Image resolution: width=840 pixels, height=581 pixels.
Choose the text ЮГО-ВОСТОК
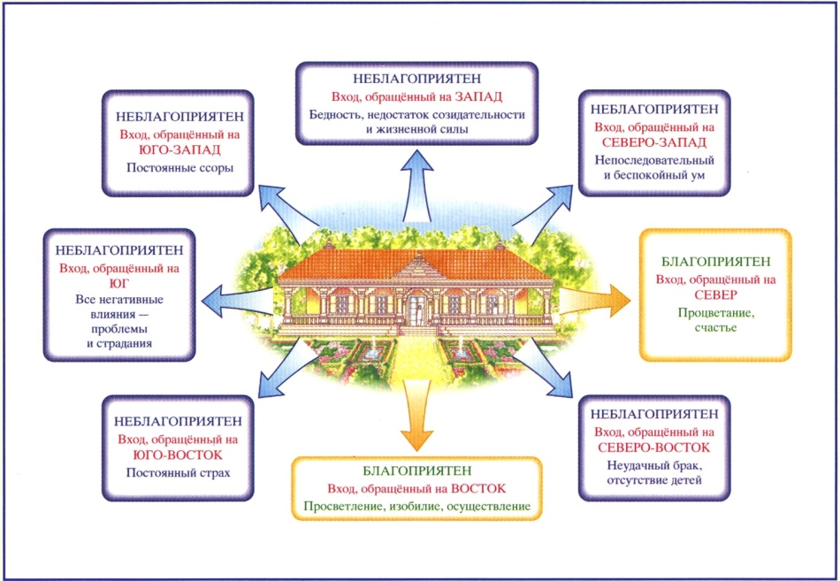(178, 455)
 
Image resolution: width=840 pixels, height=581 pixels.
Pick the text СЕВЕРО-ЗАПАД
(654, 142)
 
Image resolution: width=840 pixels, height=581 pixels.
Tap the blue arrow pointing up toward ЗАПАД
(416, 185)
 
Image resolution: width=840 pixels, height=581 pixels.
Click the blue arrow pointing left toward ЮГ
(239, 301)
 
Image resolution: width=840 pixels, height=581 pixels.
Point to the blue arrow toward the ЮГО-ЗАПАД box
(286, 212)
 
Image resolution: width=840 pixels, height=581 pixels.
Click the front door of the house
(416, 310)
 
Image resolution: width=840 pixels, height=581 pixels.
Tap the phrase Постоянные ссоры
(180, 168)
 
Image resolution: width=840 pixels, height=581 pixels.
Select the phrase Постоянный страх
(178, 473)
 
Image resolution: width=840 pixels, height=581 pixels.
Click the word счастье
(715, 327)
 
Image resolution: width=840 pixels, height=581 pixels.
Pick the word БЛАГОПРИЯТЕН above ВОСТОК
(416, 471)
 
